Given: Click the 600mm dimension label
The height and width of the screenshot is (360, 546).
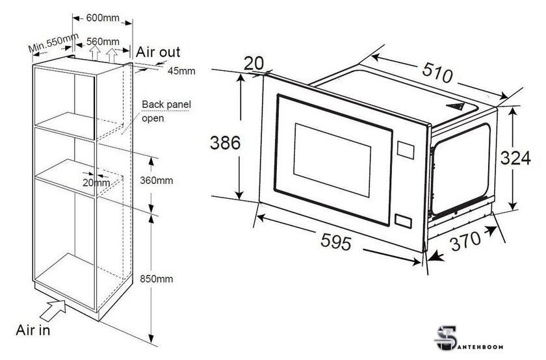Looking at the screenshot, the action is [103, 18].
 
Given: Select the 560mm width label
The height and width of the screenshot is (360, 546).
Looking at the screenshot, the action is [103, 42].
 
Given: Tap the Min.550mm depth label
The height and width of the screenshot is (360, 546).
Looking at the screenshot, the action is [53, 42].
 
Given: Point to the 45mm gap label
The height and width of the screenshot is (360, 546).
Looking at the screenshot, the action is [181, 71].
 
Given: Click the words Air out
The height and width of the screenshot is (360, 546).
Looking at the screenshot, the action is [158, 52].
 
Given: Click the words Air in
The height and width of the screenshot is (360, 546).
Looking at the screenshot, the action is [33, 329].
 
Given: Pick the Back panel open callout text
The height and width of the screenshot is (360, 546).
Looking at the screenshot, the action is [166, 111].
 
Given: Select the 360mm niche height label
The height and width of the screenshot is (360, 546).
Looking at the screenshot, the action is [157, 181].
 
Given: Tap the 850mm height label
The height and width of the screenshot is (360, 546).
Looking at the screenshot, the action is [157, 279].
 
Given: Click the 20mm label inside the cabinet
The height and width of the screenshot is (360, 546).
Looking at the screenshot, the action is [96, 183].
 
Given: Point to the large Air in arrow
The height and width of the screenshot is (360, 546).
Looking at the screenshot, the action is [53, 310].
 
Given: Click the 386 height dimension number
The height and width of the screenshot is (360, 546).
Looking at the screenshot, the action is [225, 143].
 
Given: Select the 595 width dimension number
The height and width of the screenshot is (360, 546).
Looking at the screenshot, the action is [336, 241].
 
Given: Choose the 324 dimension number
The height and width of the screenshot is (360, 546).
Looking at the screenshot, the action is [515, 158].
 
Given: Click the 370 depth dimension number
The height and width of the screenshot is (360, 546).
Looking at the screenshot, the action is [465, 240].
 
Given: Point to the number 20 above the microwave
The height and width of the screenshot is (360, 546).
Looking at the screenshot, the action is [253, 64].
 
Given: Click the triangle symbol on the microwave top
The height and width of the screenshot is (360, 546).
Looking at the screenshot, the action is [455, 106].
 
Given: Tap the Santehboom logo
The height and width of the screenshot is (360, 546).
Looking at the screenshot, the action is [469, 339].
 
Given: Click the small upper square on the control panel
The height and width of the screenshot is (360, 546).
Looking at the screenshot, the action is [406, 150].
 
